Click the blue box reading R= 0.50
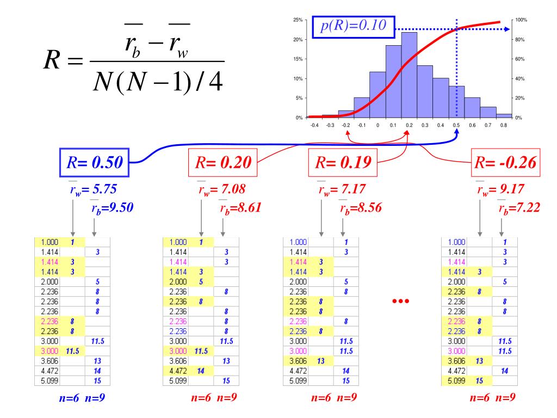tap(94, 162)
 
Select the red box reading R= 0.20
tap(222, 162)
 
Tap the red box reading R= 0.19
tap(343, 162)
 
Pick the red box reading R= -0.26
tap(505, 162)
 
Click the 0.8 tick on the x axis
tap(504, 126)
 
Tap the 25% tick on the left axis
tap(298, 20)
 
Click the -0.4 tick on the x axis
tap(314, 126)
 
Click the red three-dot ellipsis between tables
tap(400, 301)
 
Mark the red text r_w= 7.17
tap(343, 190)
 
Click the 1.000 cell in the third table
tap(298, 242)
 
